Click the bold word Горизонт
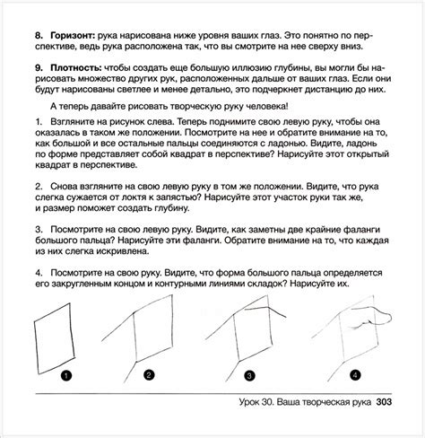pos(73,36)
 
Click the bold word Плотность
pos(76,68)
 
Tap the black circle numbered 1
pos(66,375)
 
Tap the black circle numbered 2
pos(149,375)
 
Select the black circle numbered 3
pos(249,375)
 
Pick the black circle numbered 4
pos(355,375)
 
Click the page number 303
pos(384,402)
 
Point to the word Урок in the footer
pos(249,402)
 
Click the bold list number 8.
pos(39,36)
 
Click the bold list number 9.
pos(39,68)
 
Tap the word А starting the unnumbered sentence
pos(53,107)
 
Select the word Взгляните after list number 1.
pos(72,122)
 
